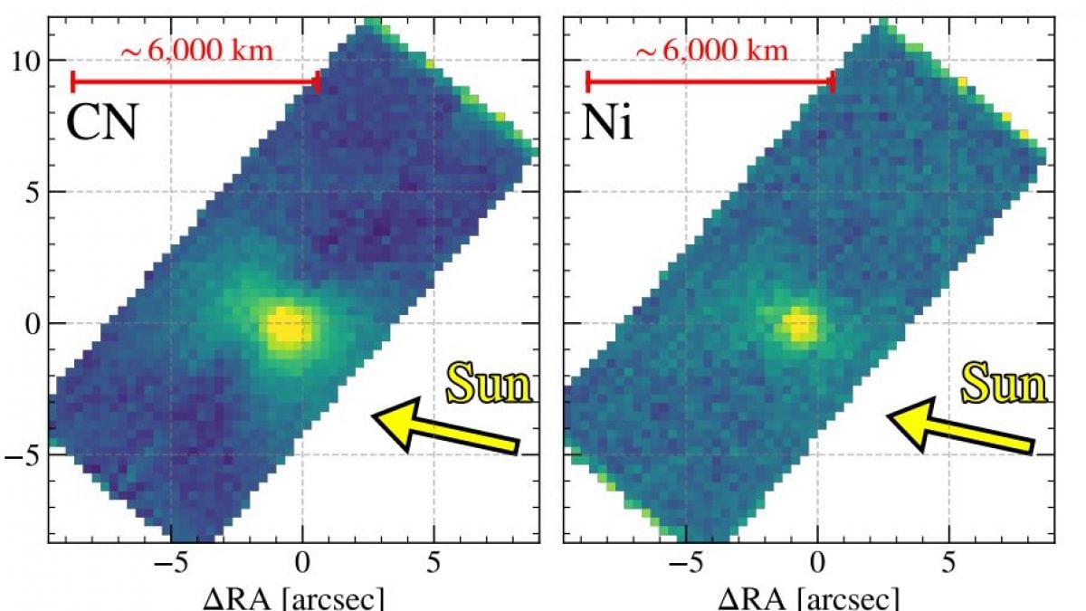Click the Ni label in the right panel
606,122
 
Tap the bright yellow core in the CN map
289,328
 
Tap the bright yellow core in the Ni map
799,324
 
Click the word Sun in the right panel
1003,386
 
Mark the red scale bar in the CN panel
195,82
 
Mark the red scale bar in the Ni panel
710,82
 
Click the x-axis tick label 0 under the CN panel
303,562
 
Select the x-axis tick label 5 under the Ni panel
948,562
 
